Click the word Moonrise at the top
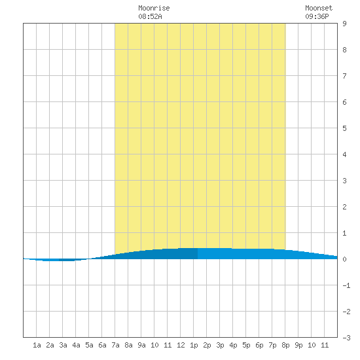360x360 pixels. (154, 8)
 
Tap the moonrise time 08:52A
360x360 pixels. (150, 16)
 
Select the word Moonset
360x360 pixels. (319, 8)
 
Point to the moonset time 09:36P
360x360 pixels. (317, 16)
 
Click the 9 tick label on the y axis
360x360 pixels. (344, 24)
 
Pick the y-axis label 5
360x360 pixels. (344, 128)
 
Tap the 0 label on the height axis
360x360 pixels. (344, 259)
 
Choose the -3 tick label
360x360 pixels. (346, 338)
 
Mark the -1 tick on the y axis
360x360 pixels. (346, 285)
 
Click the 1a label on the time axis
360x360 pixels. (37, 345)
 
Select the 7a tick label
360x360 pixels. (115, 345)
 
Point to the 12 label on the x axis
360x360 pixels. (181, 345)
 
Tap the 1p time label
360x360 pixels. (194, 345)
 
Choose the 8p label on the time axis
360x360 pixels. (285, 345)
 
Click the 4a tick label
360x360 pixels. (76, 345)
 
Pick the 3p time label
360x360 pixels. (220, 345)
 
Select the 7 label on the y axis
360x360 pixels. (344, 76)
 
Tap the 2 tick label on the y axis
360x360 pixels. (344, 207)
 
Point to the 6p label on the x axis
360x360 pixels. (259, 345)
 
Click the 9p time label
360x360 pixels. (298, 345)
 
